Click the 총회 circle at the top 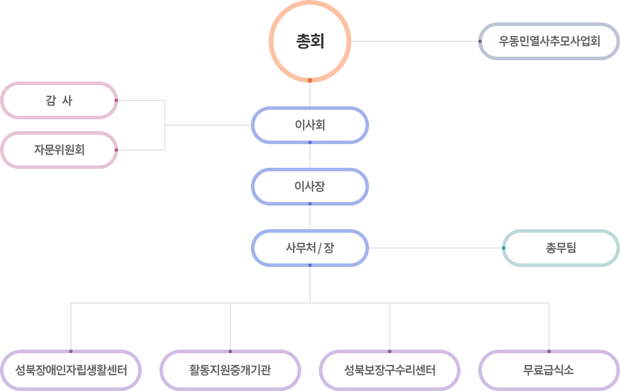(x=310, y=41)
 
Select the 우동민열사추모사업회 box (x=549, y=41)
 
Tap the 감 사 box (x=59, y=100)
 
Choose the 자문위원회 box (x=59, y=150)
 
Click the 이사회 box (x=310, y=125)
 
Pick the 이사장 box (x=310, y=187)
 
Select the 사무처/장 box (x=310, y=248)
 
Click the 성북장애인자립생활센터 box (x=71, y=371)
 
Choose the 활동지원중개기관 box (x=230, y=371)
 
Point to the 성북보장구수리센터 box (x=390, y=371)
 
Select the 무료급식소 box (x=549, y=371)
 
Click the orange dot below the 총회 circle (x=310, y=80)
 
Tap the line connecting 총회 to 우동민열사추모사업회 (x=413, y=41)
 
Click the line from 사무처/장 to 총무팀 (x=434, y=248)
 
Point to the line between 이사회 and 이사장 (x=310, y=156)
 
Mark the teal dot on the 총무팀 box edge (x=503, y=248)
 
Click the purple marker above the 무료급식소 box (x=549, y=350)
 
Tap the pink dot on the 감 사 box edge (x=116, y=100)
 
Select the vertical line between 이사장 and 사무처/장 (x=310, y=217)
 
